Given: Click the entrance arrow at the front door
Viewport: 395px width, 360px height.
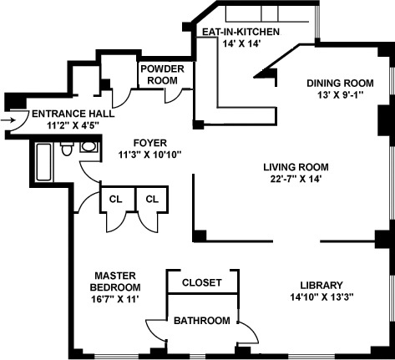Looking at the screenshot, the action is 8,120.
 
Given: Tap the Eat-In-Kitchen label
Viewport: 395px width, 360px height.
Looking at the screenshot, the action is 241,32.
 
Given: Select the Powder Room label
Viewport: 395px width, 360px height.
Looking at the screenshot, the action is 163,74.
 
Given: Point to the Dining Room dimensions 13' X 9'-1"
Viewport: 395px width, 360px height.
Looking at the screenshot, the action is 341,95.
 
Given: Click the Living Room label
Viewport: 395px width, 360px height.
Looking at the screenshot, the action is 296,167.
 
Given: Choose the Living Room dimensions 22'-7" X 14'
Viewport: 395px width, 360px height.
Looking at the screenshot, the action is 296,179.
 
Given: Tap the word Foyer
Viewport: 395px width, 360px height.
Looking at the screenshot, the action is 150,143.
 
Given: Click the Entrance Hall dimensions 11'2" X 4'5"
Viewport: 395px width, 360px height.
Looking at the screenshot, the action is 73,125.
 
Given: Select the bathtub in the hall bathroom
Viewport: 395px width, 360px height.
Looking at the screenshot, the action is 43,162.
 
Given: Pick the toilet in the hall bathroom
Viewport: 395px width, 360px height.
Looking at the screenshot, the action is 67,149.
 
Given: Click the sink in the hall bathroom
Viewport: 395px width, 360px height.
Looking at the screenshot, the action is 89,147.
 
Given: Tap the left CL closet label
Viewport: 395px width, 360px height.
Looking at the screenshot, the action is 115,199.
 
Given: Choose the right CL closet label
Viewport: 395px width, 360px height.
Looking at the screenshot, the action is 152,199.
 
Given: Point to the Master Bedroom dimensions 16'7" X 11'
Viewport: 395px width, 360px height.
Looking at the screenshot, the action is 115,299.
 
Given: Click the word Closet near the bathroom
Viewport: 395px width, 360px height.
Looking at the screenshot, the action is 202,282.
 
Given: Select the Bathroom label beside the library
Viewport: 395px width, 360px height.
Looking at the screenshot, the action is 202,321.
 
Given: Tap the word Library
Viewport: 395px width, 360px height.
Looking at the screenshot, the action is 322,285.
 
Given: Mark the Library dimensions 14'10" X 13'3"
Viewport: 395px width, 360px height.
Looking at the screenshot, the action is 322,297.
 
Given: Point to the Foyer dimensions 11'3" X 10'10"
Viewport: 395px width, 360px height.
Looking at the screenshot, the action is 150,155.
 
